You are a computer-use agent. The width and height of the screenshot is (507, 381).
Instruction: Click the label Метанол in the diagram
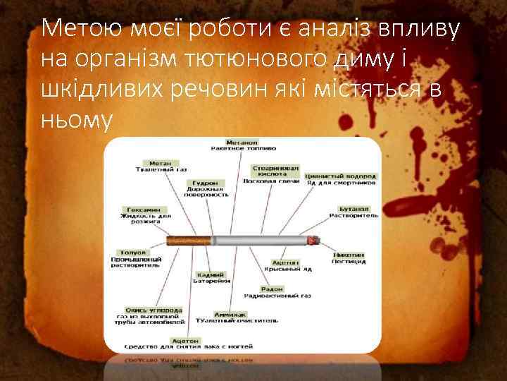tap(243, 141)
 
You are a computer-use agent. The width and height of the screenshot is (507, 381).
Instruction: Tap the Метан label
tap(161, 162)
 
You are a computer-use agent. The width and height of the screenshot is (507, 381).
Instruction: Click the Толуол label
tap(133, 252)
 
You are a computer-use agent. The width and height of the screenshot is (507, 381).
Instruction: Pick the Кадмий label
tap(211, 274)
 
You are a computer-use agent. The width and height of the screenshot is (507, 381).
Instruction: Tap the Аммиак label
tap(232, 314)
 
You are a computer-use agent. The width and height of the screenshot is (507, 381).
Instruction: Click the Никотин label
tap(349, 255)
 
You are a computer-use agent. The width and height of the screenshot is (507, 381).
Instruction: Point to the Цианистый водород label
tap(342, 176)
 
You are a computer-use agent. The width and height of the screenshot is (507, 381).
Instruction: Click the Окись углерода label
tap(154, 310)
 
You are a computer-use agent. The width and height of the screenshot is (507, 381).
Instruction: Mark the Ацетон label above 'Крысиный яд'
tap(281, 262)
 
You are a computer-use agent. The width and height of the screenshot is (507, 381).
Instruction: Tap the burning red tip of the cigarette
tap(313, 241)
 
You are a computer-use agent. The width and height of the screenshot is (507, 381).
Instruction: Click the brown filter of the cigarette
tap(189, 241)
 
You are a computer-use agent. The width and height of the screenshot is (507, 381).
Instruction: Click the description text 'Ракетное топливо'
tap(243, 149)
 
